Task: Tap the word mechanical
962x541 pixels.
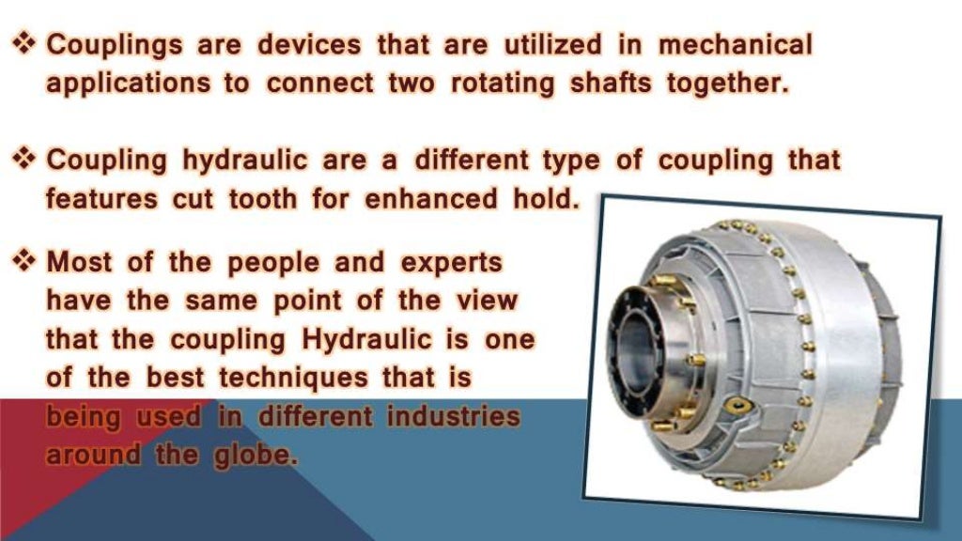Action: pyautogui.click(x=735, y=44)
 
